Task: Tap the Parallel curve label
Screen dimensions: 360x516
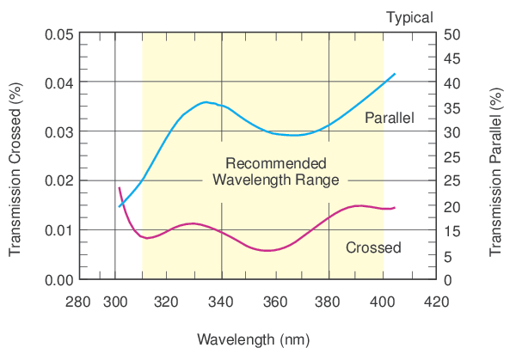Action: (x=390, y=118)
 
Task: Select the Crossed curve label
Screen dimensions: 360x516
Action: (x=373, y=248)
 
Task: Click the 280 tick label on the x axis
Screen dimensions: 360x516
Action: (x=78, y=302)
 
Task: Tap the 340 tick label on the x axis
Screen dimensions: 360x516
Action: (x=222, y=302)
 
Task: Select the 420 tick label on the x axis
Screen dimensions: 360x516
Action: (x=436, y=302)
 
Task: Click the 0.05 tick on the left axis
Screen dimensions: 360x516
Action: (x=58, y=34)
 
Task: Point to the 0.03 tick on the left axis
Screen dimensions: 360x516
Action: (x=58, y=131)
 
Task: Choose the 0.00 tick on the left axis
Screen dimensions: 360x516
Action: (x=58, y=280)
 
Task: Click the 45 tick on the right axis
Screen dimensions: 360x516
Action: (x=453, y=58)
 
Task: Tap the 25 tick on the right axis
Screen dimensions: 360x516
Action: (x=453, y=156)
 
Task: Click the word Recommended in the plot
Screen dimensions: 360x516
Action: (x=275, y=163)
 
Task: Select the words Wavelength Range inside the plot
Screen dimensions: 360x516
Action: (x=275, y=180)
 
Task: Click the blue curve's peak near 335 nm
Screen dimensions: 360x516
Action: (x=205, y=102)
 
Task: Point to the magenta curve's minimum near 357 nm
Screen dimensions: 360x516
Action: (x=269, y=250)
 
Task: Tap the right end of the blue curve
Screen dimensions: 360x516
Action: (x=395, y=74)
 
